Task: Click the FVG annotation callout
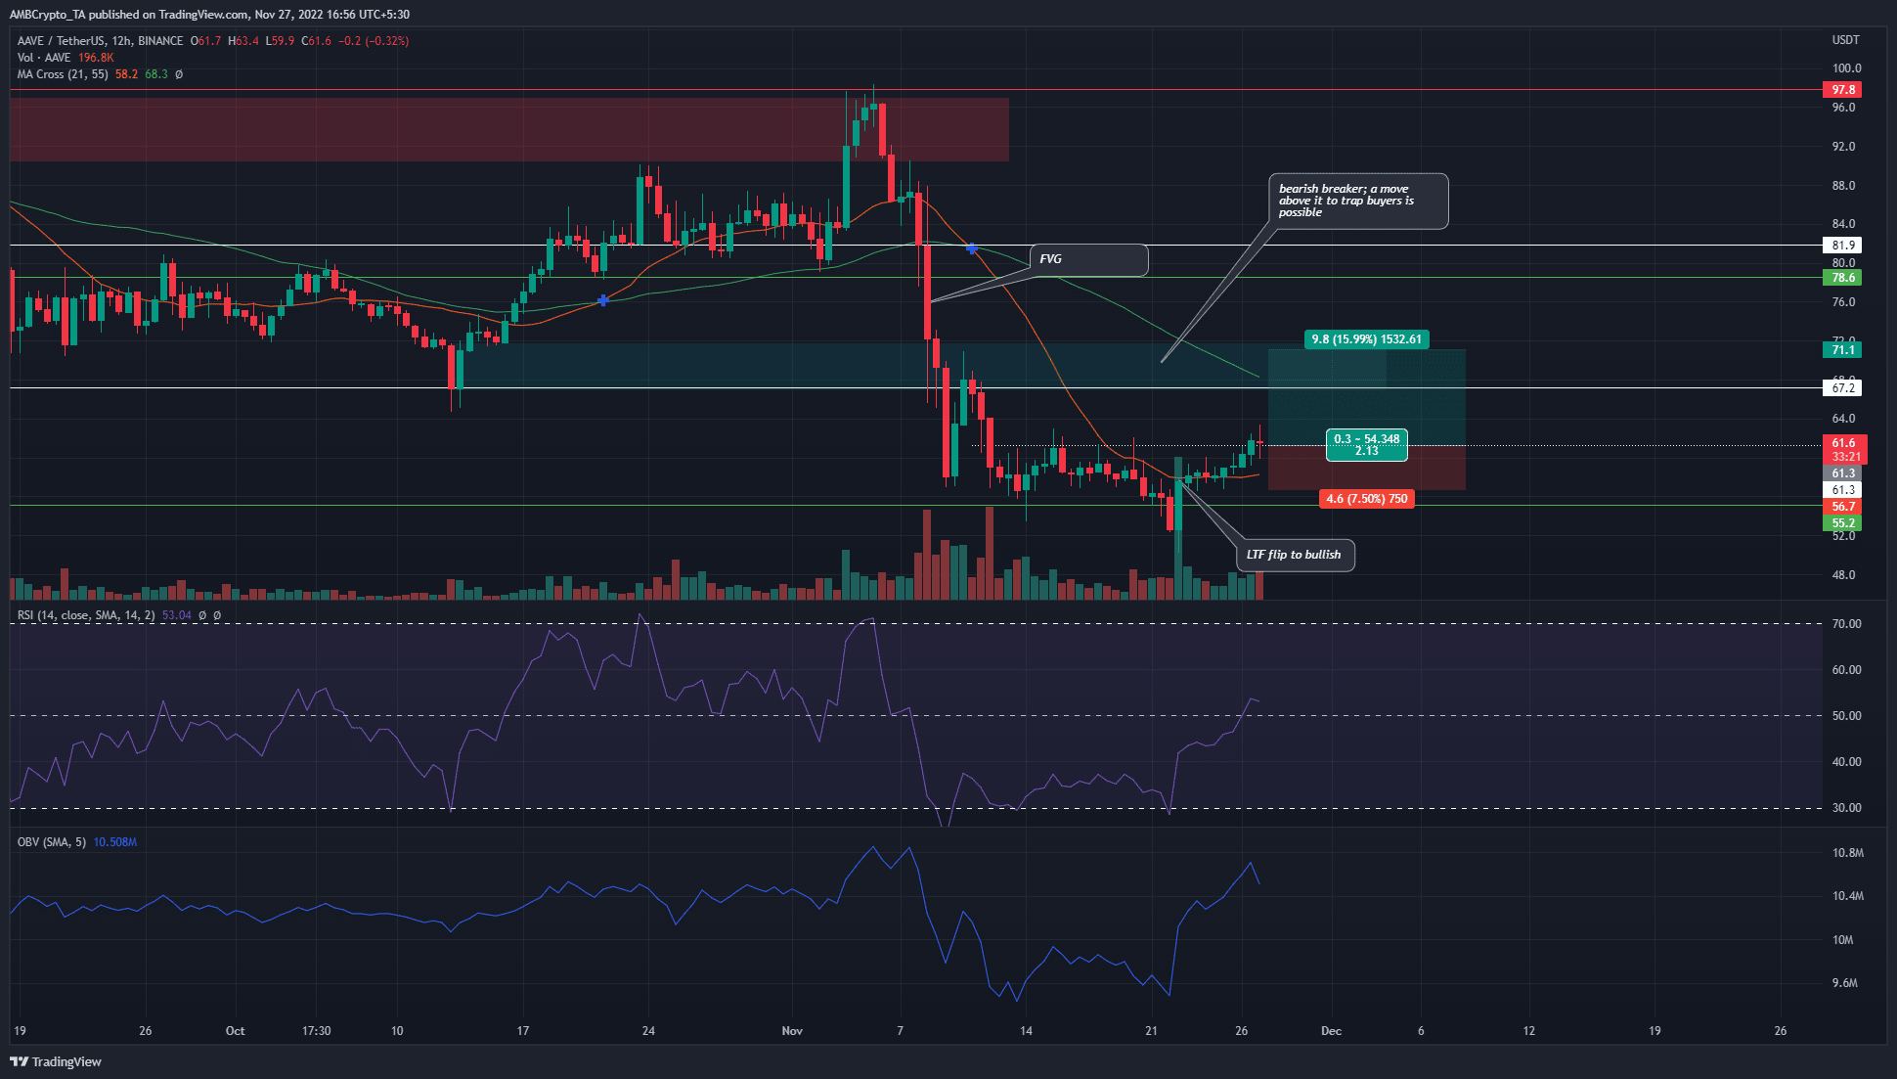1088,259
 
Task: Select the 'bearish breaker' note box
1360,201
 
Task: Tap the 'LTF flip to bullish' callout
1295,555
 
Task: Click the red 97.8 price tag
1843,90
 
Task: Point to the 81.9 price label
1843,246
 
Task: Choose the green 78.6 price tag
1843,278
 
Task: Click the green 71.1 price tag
1843,350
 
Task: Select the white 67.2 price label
1843,388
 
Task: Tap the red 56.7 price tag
1843,507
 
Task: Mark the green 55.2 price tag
1843,523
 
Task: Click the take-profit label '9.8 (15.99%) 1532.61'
1366,339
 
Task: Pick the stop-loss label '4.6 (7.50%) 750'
1366,499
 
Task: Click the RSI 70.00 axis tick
1845,624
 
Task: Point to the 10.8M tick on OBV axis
1847,853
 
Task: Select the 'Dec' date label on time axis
1331,1031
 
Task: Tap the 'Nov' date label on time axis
792,1031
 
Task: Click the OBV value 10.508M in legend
114,842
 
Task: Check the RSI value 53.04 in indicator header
177,615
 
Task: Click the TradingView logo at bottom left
56,1061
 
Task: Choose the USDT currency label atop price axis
1845,40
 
